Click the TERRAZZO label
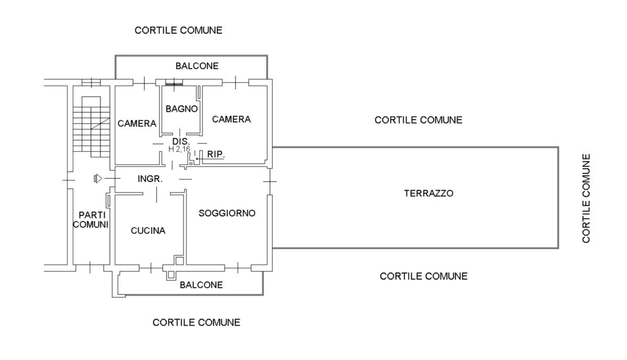(x=428, y=193)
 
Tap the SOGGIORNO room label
(x=227, y=213)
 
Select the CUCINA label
(x=148, y=230)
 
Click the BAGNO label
(x=181, y=109)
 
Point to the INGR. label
(x=150, y=179)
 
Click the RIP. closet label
(x=216, y=155)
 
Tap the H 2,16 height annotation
(x=179, y=149)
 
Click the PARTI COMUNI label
(x=93, y=220)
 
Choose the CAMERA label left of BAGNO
(x=137, y=124)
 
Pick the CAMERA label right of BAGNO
(x=231, y=119)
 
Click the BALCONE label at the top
(x=197, y=66)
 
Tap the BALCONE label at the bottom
(x=201, y=285)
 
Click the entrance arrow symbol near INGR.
(x=97, y=179)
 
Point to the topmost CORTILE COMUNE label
(x=179, y=30)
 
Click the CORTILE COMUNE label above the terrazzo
(x=419, y=120)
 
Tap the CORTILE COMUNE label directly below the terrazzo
(x=424, y=276)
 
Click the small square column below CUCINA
(x=179, y=260)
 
